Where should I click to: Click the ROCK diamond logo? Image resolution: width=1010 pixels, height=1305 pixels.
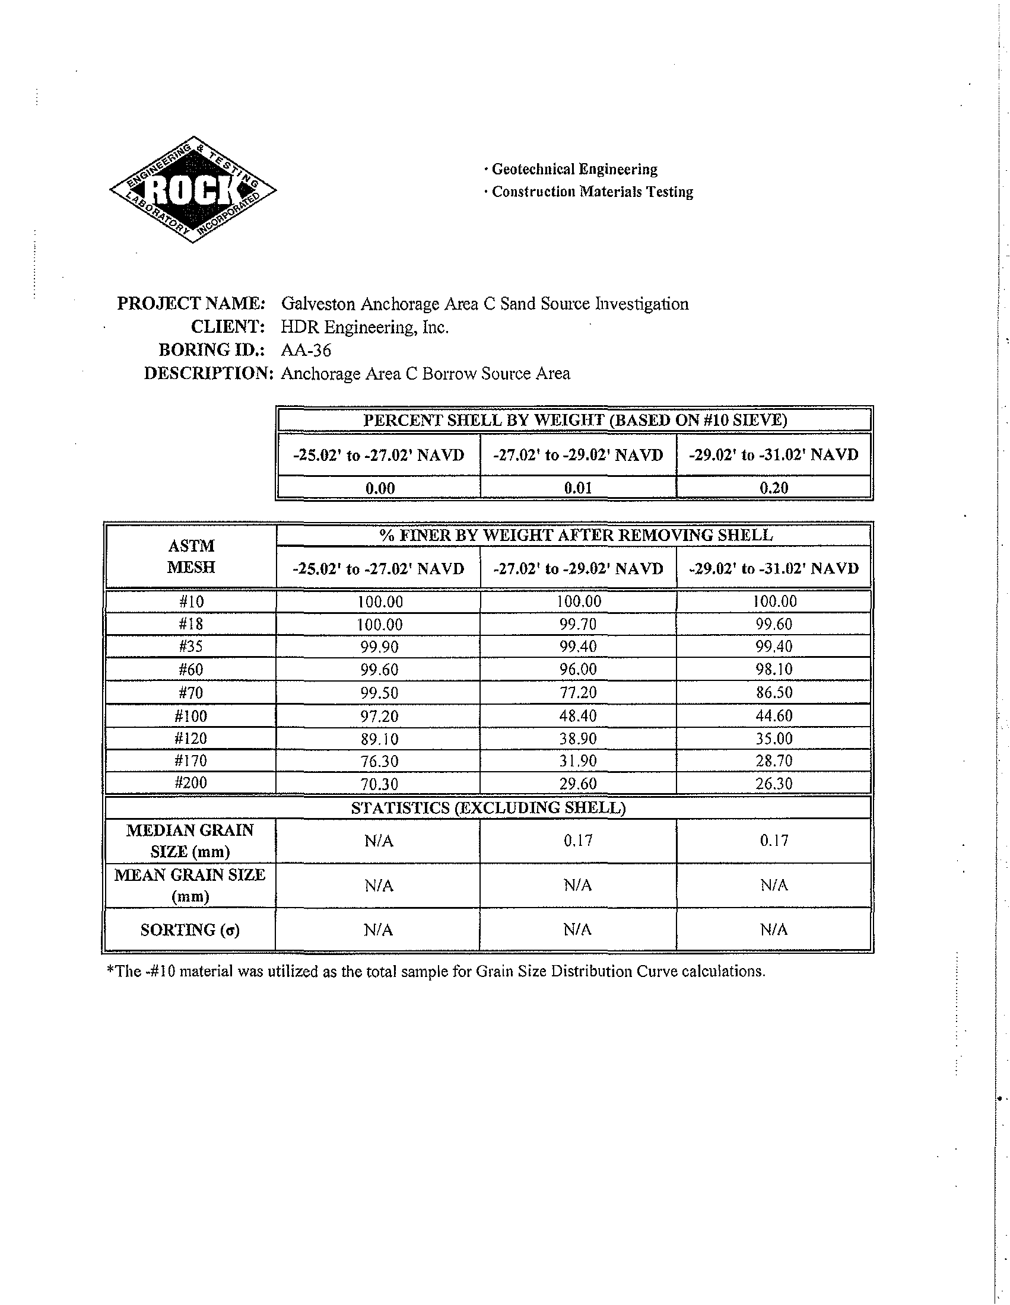pos(192,190)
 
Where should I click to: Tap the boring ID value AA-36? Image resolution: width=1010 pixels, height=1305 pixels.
pos(306,350)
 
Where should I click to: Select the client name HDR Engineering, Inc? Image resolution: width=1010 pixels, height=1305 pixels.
pos(364,327)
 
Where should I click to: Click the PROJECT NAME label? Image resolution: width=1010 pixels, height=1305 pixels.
pos(190,304)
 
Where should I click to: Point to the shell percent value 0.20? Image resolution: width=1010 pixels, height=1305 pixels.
pos(773,488)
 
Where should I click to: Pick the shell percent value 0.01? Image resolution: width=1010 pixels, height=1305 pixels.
pos(578,488)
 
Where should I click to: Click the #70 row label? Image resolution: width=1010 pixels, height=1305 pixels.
pos(190,692)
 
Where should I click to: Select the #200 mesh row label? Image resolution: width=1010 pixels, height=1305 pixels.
pos(190,783)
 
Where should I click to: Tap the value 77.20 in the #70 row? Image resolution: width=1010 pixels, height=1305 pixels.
pos(578,692)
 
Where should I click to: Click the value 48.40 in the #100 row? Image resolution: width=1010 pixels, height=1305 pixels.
pos(578,715)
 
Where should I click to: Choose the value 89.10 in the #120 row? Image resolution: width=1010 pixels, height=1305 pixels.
pos(379,739)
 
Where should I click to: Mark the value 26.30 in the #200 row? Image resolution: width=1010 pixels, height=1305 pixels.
pos(773,784)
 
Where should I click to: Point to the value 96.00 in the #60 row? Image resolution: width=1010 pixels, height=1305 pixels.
pos(578,669)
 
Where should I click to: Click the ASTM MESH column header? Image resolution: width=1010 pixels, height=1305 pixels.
pos(190,556)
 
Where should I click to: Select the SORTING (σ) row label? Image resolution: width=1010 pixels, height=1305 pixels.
pos(189,930)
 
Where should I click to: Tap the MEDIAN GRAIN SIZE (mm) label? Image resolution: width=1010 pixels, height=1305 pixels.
pos(189,841)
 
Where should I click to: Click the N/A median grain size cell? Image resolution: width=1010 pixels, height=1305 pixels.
pos(379,841)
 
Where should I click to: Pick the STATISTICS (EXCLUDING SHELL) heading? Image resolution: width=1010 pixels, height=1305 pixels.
pos(488,808)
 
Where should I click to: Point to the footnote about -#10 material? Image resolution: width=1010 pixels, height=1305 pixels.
pos(435,972)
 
